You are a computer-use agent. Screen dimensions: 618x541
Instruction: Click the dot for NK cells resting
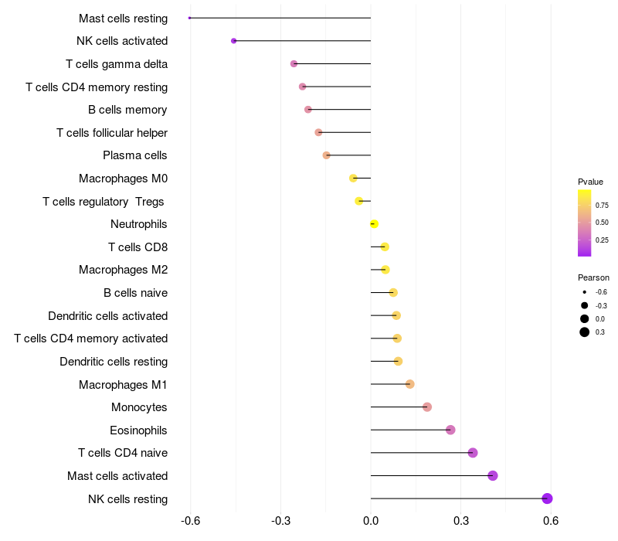pyautogui.click(x=547, y=498)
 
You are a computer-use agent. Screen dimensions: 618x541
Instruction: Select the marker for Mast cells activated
pyautogui.click(x=492, y=475)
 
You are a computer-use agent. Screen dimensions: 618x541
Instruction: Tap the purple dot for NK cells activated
pyautogui.click(x=234, y=41)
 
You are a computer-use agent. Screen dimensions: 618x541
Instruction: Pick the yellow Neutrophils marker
pyautogui.click(x=374, y=224)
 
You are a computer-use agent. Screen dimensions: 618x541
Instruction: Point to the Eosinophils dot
pyautogui.click(x=450, y=430)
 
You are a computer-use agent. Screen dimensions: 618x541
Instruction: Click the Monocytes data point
pyautogui.click(x=427, y=407)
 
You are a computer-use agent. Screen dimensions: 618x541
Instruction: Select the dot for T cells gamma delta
pyautogui.click(x=294, y=63)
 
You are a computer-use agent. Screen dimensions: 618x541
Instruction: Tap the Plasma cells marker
pyautogui.click(x=326, y=155)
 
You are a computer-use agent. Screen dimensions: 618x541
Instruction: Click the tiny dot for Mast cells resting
pyautogui.click(x=189, y=18)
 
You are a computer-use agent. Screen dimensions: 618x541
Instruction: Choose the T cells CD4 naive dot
pyautogui.click(x=473, y=453)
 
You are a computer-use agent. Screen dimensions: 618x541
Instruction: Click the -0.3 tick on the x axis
pyautogui.click(x=280, y=521)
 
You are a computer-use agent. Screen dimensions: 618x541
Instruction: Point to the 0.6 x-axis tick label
pyautogui.click(x=551, y=521)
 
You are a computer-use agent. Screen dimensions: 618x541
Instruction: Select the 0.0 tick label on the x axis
pyautogui.click(x=371, y=521)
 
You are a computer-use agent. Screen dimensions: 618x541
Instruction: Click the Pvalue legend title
pyautogui.click(x=590, y=182)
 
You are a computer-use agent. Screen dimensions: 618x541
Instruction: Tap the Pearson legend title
pyautogui.click(x=593, y=277)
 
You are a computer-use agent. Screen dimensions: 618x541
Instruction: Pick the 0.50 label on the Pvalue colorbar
pyautogui.click(x=602, y=223)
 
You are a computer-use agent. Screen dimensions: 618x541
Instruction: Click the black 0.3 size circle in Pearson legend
pyautogui.click(x=584, y=332)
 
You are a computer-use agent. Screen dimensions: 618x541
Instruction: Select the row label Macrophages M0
pyautogui.click(x=124, y=179)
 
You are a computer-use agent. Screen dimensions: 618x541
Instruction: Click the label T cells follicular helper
pyautogui.click(x=112, y=133)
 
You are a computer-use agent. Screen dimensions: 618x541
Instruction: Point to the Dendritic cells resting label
pyautogui.click(x=114, y=362)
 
